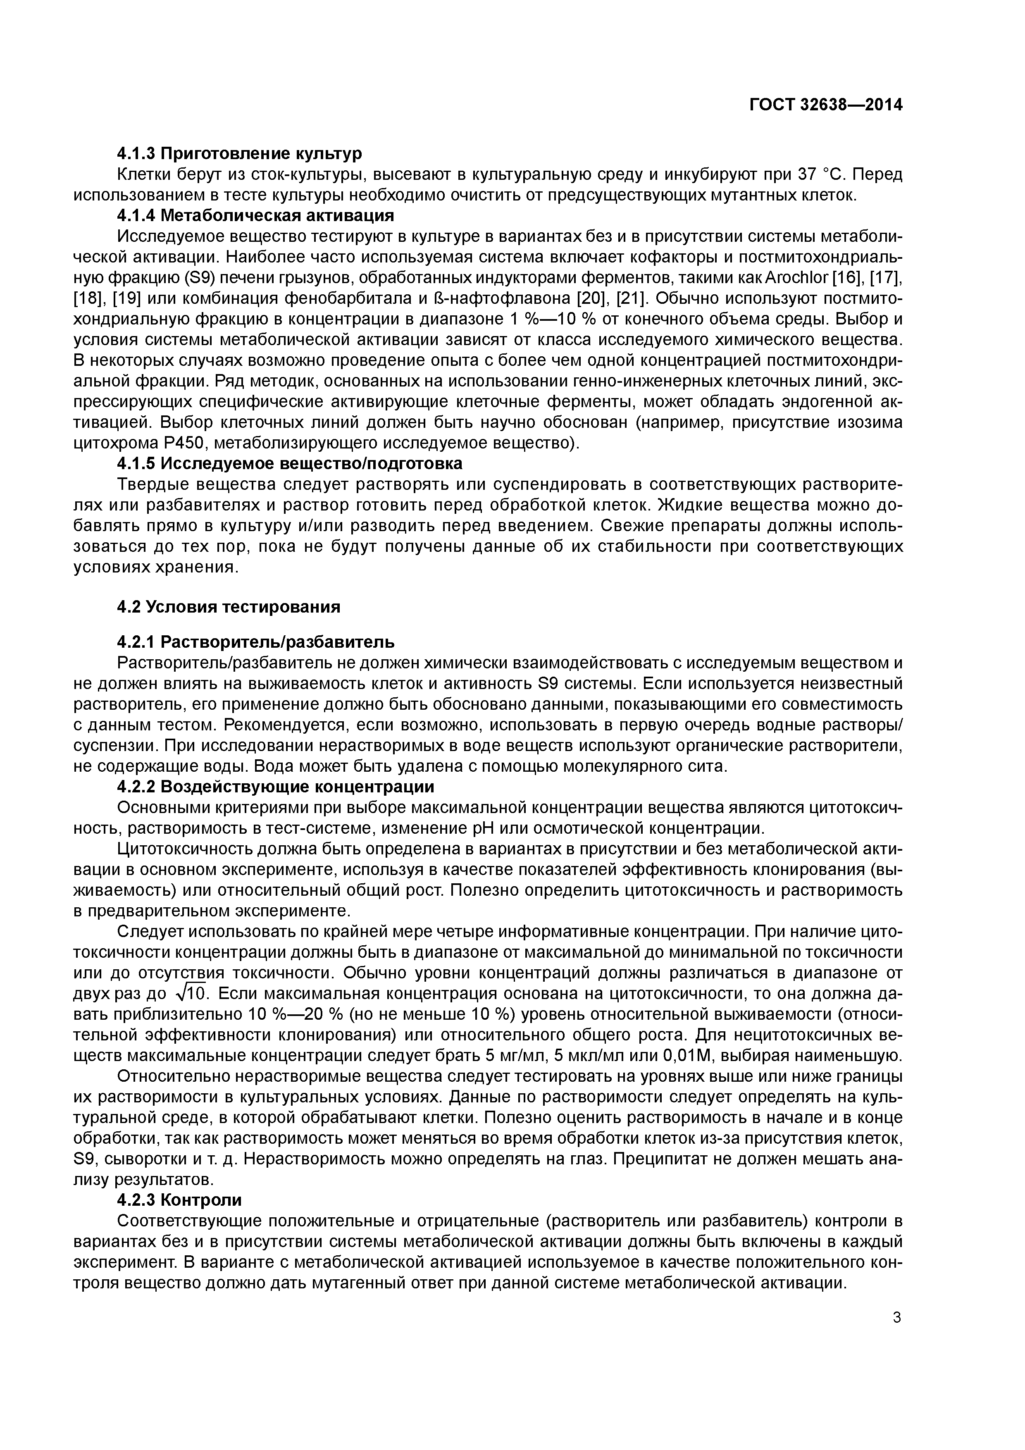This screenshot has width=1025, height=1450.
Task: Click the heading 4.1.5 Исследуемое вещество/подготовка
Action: click(289, 463)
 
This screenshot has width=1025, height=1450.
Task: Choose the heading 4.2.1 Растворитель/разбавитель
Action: click(256, 642)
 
